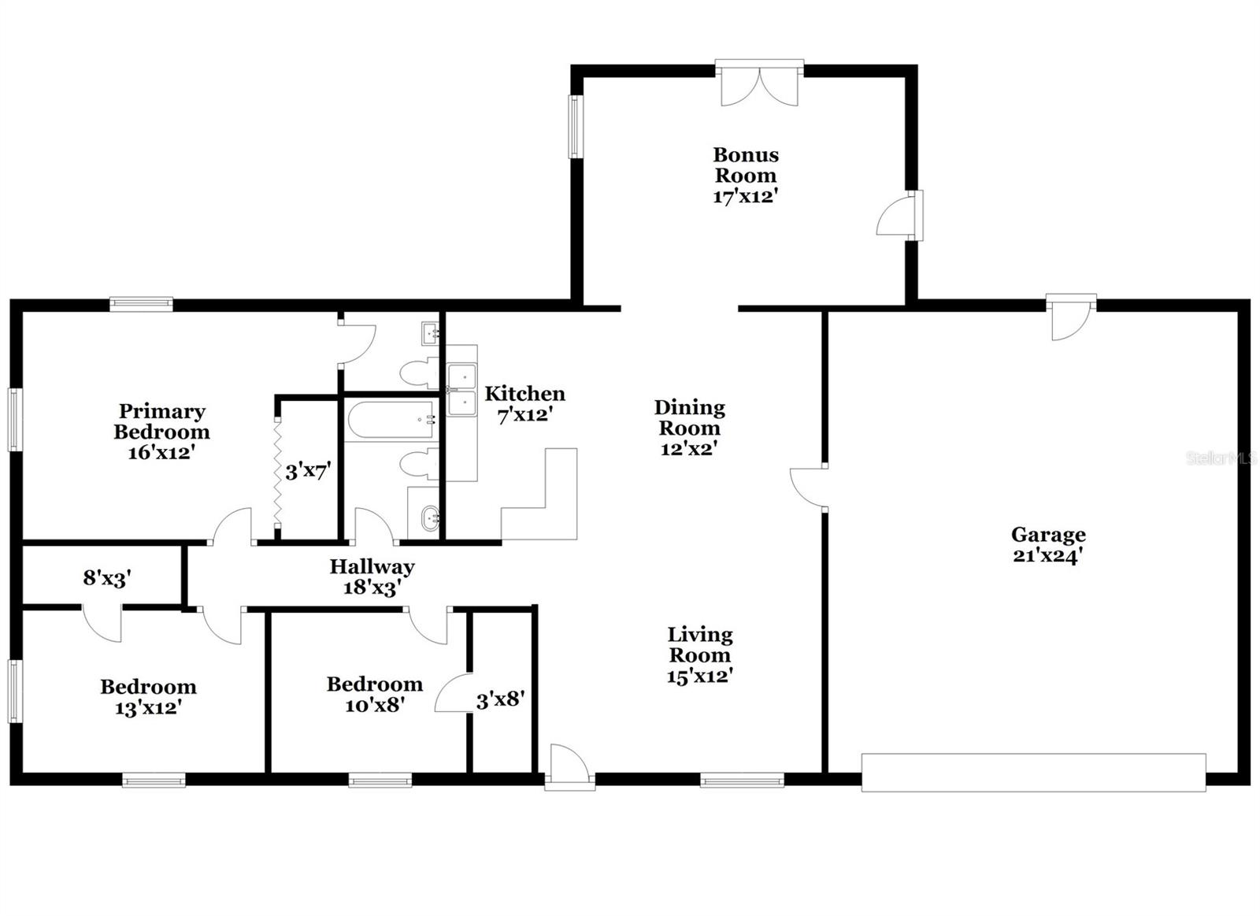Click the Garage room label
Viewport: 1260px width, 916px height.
click(x=1048, y=535)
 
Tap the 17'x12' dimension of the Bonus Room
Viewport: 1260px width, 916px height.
click(x=745, y=197)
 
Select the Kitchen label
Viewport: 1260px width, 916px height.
click(x=524, y=394)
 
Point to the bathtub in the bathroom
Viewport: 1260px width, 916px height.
click(x=391, y=421)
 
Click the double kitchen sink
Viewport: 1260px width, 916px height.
click(x=462, y=390)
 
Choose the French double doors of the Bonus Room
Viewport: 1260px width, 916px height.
click(x=760, y=85)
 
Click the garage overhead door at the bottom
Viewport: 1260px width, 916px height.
click(x=1033, y=772)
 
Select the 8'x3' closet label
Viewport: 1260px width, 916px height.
click(x=106, y=578)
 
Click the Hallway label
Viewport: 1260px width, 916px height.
click(x=372, y=566)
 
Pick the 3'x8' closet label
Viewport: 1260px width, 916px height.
click(x=500, y=699)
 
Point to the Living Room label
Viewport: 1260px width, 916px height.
click(x=699, y=644)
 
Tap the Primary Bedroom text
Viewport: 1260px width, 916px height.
click(x=161, y=421)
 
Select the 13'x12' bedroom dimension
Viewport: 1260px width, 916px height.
click(x=148, y=708)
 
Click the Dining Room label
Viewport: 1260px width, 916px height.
click(x=689, y=417)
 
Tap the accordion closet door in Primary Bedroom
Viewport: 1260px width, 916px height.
click(x=278, y=473)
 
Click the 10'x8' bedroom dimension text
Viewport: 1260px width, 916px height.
click(x=375, y=705)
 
